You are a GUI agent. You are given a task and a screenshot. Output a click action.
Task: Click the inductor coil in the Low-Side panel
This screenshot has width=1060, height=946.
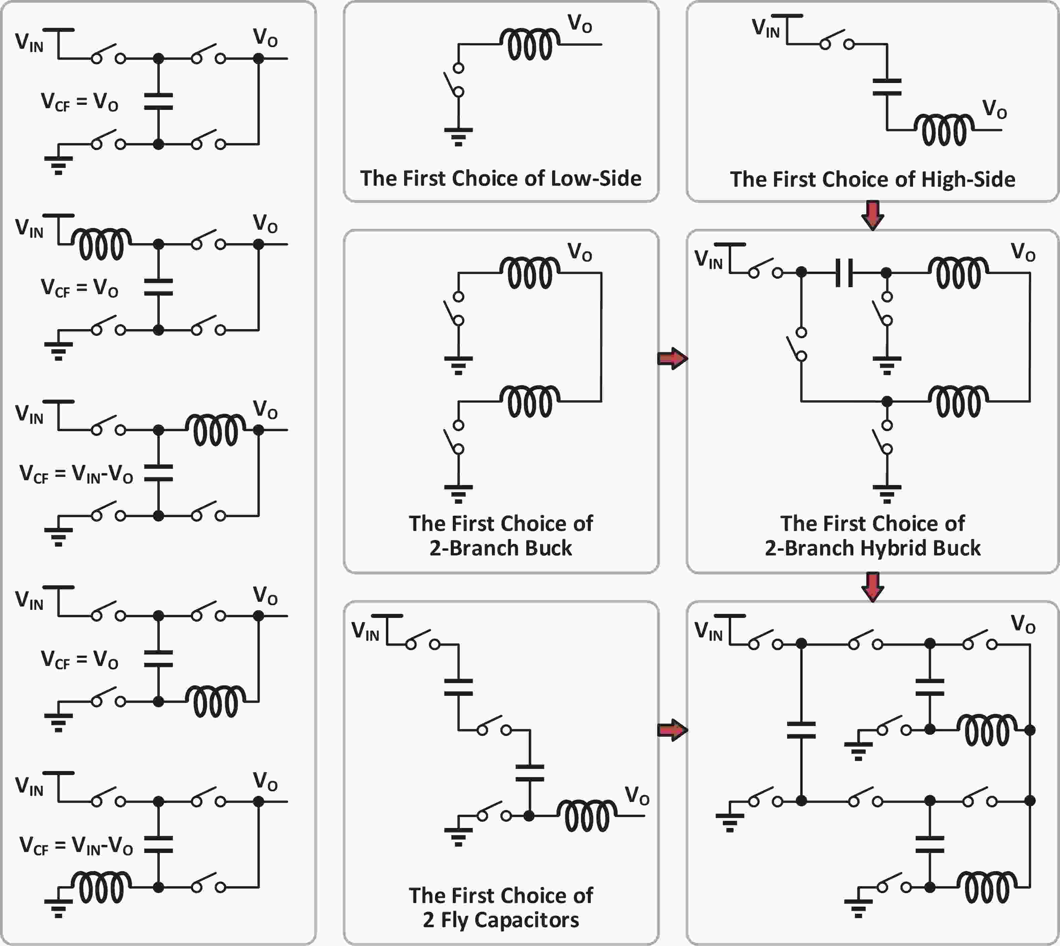point(530,44)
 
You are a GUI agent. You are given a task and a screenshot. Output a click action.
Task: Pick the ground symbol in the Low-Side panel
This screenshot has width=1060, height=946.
point(458,136)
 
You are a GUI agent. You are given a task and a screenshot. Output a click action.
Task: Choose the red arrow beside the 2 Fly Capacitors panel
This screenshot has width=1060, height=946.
point(672,730)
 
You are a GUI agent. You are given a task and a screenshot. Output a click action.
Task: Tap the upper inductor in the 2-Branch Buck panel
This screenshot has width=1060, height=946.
point(530,273)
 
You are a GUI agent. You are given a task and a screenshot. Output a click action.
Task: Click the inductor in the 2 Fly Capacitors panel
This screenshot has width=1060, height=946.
point(587,816)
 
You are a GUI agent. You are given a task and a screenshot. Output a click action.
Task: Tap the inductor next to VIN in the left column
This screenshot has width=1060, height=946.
point(101,244)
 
